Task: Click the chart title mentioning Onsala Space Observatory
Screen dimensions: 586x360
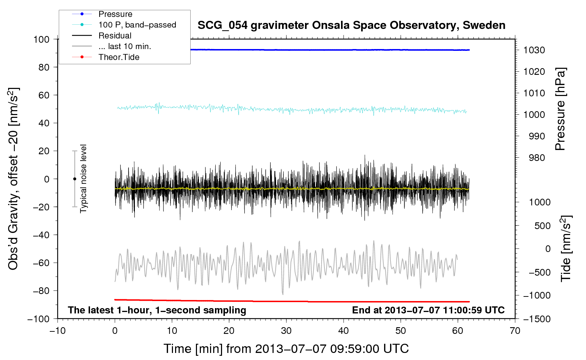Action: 351,25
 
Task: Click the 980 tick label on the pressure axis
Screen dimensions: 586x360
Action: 537,158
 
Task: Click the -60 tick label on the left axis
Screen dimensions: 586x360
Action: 41,263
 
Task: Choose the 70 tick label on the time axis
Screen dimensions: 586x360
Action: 515,331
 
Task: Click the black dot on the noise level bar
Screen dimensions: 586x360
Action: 74,179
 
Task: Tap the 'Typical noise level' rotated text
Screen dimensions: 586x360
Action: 83,179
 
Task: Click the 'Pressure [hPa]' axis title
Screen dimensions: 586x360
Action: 560,109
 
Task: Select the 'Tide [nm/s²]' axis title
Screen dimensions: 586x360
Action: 566,248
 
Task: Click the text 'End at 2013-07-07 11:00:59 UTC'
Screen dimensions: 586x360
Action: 428,310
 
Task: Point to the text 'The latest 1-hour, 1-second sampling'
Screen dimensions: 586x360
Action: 157,310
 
